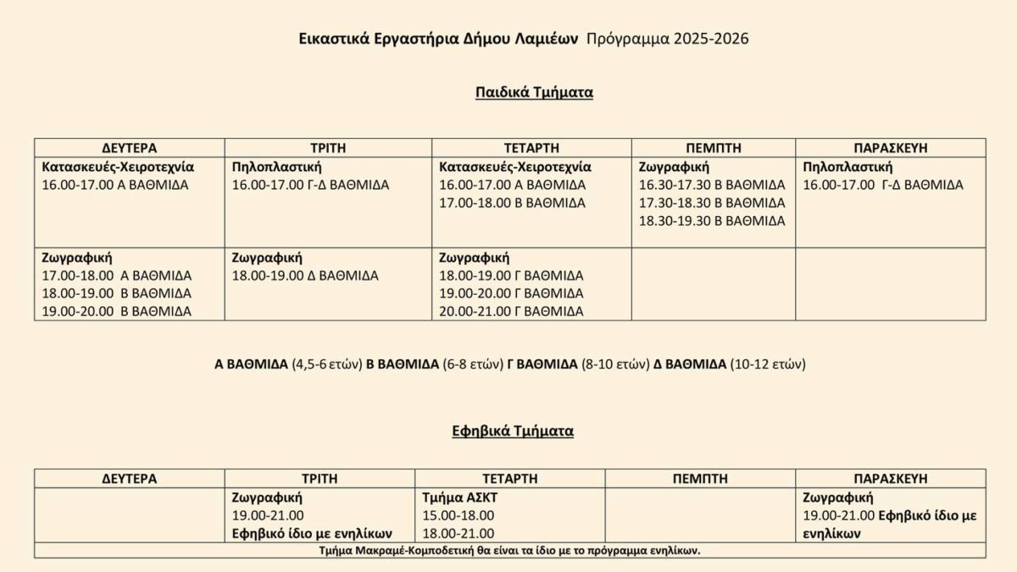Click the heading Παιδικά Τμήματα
(x=534, y=92)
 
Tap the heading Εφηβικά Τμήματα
(x=513, y=430)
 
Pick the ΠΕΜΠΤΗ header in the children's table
(x=713, y=147)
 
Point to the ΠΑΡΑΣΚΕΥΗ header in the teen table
(x=890, y=479)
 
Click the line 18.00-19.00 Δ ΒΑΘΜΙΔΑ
(x=305, y=275)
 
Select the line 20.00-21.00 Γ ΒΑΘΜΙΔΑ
(x=511, y=311)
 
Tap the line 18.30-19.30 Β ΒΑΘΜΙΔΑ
(x=712, y=220)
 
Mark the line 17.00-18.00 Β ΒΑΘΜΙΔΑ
(x=512, y=203)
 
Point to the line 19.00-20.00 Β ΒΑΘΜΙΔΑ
(x=117, y=311)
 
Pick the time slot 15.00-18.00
(x=458, y=515)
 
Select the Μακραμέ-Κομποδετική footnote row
(x=510, y=550)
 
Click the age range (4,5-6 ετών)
(x=327, y=364)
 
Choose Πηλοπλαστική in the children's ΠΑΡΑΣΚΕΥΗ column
(x=847, y=167)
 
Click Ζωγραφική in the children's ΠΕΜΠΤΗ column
(x=674, y=167)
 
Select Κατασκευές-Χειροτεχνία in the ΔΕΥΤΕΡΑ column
(x=118, y=167)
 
